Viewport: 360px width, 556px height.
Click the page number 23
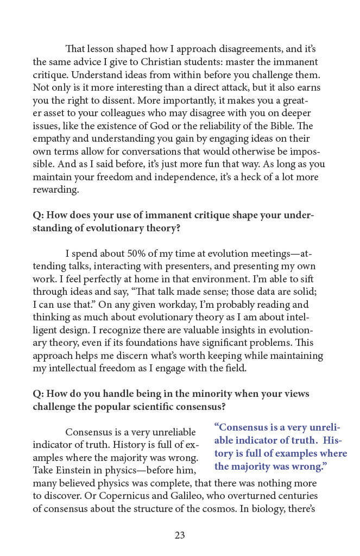(x=180, y=535)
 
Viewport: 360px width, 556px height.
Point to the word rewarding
(x=56, y=190)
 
